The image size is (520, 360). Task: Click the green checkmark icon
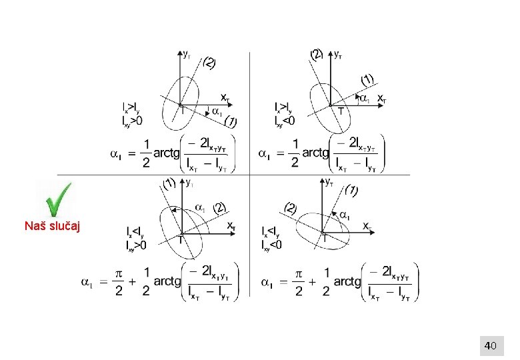(59, 199)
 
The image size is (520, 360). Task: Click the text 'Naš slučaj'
(53, 227)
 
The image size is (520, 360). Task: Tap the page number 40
(490, 345)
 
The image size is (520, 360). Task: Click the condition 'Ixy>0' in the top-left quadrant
(132, 121)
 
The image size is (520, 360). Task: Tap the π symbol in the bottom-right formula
(299, 275)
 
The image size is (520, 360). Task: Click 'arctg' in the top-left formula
(167, 153)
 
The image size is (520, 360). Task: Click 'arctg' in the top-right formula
(315, 153)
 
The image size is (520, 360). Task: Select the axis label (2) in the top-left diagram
(209, 63)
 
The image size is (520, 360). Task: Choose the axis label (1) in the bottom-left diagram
(169, 183)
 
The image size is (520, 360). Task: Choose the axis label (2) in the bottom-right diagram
(291, 207)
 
